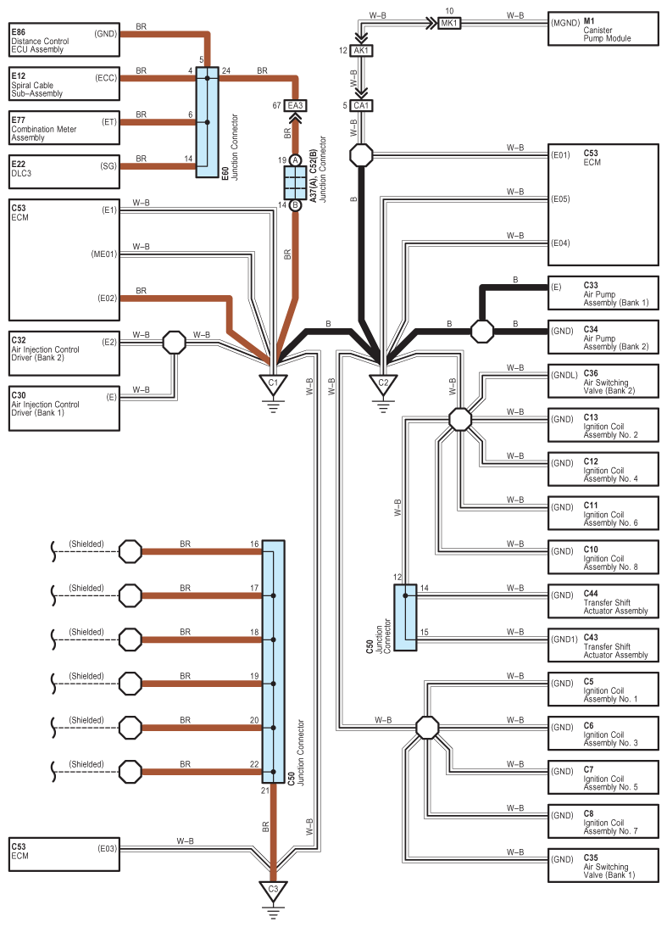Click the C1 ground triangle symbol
click(273, 384)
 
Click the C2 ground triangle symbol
click(383, 384)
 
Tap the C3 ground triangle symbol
click(273, 891)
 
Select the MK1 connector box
click(449, 23)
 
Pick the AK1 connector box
click(361, 51)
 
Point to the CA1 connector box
click(361, 106)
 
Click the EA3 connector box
click(295, 106)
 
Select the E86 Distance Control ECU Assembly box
click(64, 36)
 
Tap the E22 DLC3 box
click(64, 165)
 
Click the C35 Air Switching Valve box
click(603, 865)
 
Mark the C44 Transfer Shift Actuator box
click(603, 602)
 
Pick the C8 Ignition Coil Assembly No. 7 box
click(603, 822)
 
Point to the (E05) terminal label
click(560, 199)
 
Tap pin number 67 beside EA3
click(276, 106)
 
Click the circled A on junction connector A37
click(295, 160)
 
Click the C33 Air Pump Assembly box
click(603, 293)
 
